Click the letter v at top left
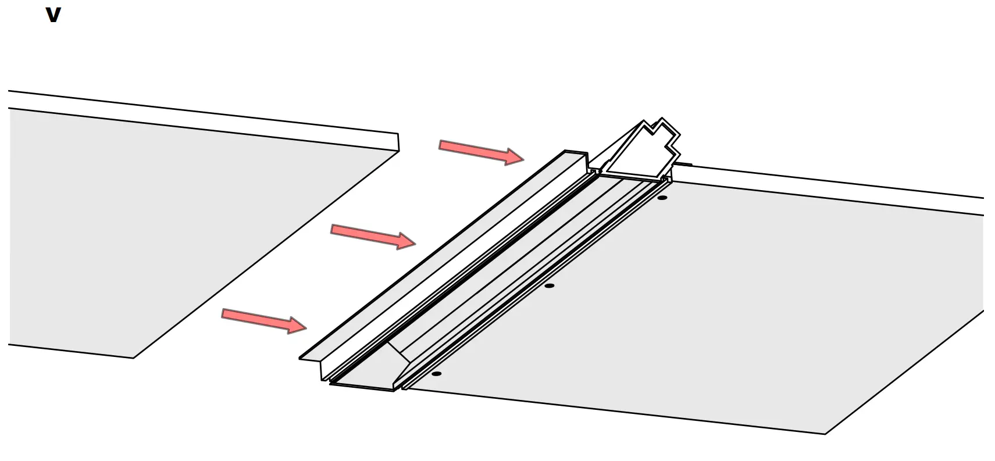click(x=53, y=15)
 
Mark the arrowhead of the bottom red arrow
click(x=298, y=326)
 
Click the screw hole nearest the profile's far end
click(x=662, y=198)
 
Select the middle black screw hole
click(x=549, y=285)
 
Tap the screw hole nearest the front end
click(x=436, y=373)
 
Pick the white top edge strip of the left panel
click(x=204, y=122)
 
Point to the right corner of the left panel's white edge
click(x=398, y=143)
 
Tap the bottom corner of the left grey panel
click(x=134, y=357)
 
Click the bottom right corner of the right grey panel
click(x=825, y=433)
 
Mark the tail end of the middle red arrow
click(x=333, y=229)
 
